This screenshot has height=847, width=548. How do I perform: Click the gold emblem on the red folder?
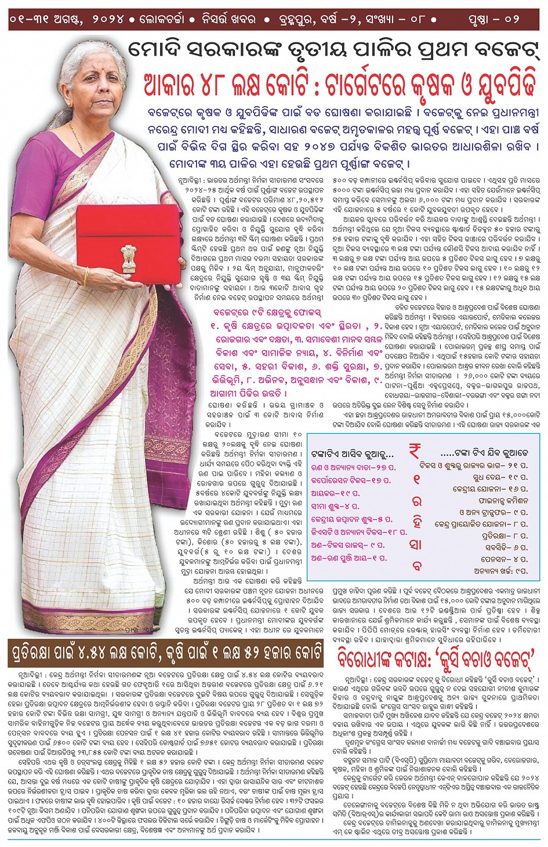coord(128,258)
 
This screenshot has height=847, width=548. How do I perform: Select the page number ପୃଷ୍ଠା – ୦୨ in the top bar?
coord(493,19)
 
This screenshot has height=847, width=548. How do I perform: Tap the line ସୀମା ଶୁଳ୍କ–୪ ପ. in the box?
coord(335,506)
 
